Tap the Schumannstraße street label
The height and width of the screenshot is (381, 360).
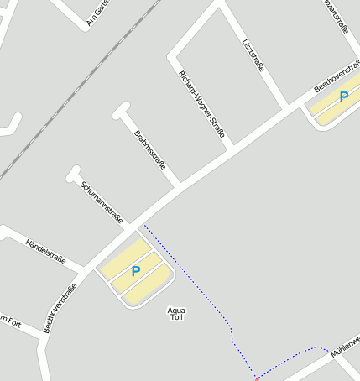[x=102, y=201]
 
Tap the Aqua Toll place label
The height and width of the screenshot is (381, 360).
[x=176, y=314]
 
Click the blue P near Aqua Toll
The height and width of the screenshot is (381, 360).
[x=135, y=271]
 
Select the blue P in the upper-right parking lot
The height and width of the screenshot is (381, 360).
[x=343, y=97]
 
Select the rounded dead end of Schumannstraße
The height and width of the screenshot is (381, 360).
[x=73, y=174]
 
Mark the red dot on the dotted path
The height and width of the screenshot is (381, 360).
[x=257, y=379]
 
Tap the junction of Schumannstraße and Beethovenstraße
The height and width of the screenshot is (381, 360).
[x=130, y=225]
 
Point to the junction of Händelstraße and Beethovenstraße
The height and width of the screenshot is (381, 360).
[x=87, y=270]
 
